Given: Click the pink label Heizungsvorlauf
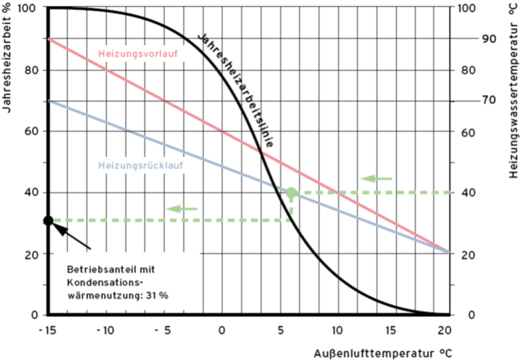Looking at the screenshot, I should click(x=138, y=54).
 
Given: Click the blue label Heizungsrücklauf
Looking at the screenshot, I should click(x=140, y=165).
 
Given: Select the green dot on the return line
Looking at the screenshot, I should click(x=291, y=193).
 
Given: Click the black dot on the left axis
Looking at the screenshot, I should click(x=48, y=220).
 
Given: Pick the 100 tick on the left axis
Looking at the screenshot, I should click(x=28, y=8).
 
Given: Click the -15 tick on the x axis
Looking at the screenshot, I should click(x=47, y=330).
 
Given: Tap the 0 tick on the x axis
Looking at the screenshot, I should click(x=223, y=330).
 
